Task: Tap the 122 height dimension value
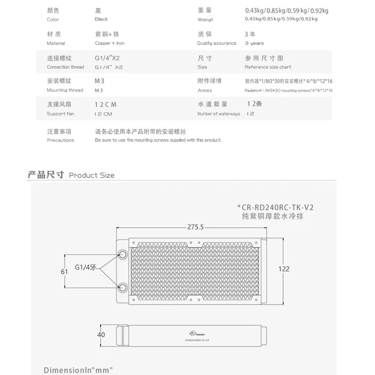click(x=284, y=269)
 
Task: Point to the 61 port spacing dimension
click(x=65, y=271)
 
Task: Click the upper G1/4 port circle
click(x=123, y=254)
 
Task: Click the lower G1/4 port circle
click(x=123, y=287)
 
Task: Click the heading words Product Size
click(x=91, y=175)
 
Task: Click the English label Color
click(x=53, y=20)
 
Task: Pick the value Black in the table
click(x=101, y=19)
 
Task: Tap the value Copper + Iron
click(x=110, y=43)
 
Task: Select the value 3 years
click(x=254, y=43)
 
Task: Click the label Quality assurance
click(x=217, y=43)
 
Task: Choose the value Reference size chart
click(x=268, y=67)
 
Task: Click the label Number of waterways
click(x=218, y=114)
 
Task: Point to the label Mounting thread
click(x=65, y=90)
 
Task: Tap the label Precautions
click(x=60, y=140)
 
